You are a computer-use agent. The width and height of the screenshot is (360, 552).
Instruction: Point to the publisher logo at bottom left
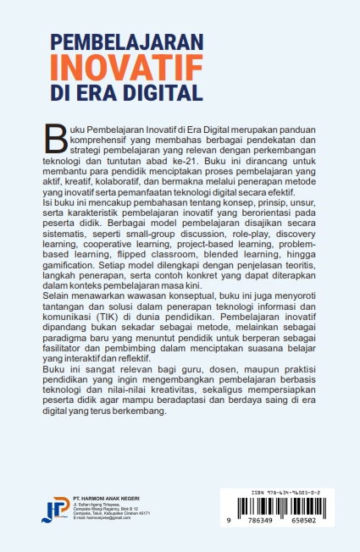pyautogui.click(x=56, y=507)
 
